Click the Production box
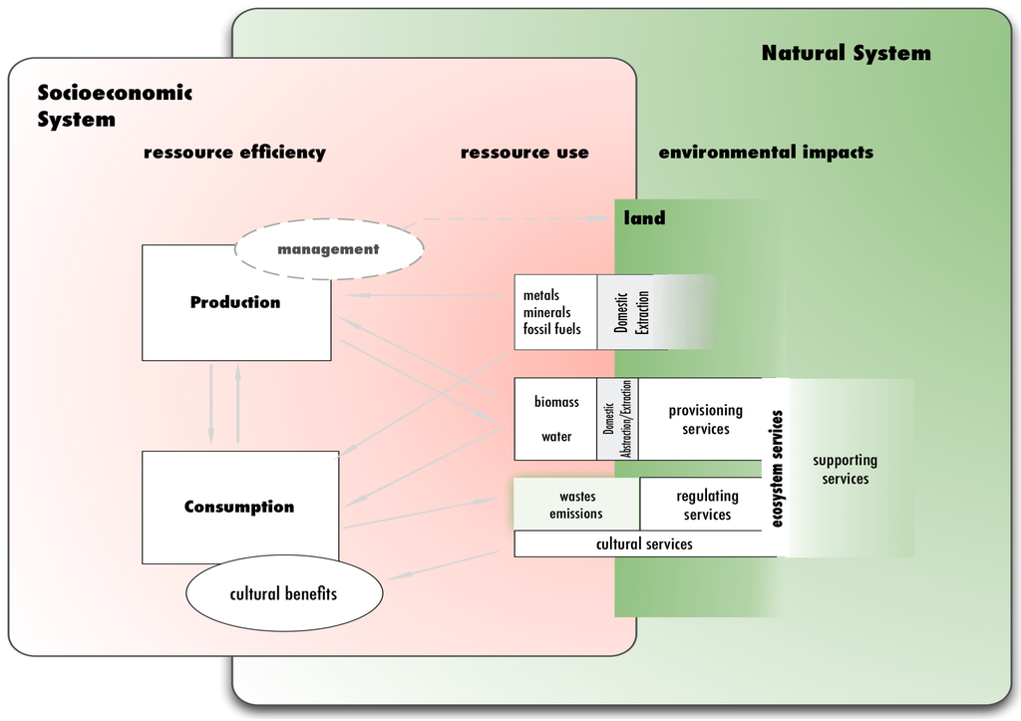click(236, 303)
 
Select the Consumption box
click(239, 507)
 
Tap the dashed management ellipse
click(328, 249)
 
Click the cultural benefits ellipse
click(284, 594)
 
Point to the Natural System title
click(846, 54)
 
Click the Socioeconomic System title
click(114, 106)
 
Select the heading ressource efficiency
click(234, 153)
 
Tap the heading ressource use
click(524, 153)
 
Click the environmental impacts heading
click(766, 153)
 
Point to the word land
click(644, 218)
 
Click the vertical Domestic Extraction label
click(632, 312)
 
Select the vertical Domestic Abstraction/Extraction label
click(617, 419)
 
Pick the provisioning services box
click(705, 419)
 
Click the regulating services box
click(707, 505)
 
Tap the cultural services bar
click(644, 544)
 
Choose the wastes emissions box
click(576, 505)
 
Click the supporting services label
click(845, 470)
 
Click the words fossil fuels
click(552, 329)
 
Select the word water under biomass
click(556, 437)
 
